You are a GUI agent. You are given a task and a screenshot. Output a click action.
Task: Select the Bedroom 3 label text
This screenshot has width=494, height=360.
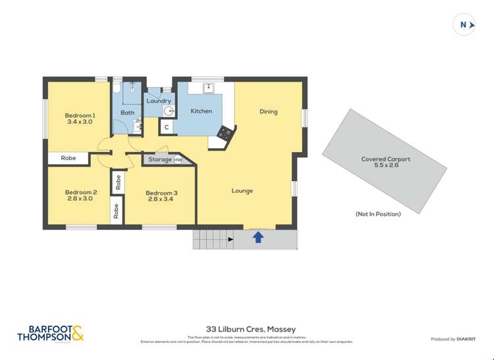(162, 193)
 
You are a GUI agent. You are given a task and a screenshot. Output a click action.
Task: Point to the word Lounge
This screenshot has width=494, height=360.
(242, 191)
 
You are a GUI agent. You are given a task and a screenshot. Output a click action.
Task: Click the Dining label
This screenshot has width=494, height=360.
(268, 111)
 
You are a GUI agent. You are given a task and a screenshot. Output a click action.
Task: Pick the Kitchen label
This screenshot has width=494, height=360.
(201, 111)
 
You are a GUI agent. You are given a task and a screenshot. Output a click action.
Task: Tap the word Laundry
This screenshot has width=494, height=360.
(159, 101)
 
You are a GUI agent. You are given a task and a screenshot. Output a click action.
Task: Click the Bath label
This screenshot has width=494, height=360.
(127, 113)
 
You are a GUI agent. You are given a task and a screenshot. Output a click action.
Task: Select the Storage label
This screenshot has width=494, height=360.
(159, 159)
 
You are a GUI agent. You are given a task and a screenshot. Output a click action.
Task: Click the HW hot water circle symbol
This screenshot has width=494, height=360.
(178, 160)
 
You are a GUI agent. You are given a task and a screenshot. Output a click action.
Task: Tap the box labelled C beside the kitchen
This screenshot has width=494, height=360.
(167, 127)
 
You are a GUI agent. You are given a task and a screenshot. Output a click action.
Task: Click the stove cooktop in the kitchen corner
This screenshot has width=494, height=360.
(225, 132)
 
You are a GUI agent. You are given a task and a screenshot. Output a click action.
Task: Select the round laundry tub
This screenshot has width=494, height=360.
(168, 111)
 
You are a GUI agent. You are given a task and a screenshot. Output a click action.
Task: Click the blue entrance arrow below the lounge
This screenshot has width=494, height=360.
(258, 237)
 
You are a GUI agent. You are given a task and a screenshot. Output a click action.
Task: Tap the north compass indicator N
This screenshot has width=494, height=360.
(464, 25)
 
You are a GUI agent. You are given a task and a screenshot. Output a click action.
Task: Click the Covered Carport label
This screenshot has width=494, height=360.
(385, 159)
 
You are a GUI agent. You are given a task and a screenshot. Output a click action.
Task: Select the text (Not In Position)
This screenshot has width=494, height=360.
(378, 214)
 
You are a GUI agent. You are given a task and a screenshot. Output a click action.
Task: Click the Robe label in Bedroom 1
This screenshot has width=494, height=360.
(69, 158)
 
